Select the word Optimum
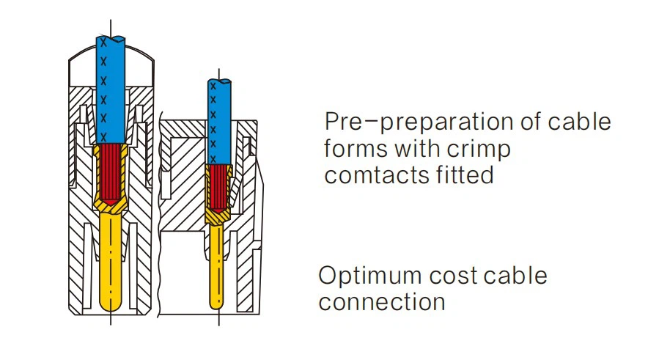(370, 276)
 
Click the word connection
(382, 302)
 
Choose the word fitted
(464, 176)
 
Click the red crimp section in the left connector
(111, 172)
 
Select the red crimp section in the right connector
(218, 186)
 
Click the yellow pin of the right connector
(217, 264)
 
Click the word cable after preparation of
(579, 122)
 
